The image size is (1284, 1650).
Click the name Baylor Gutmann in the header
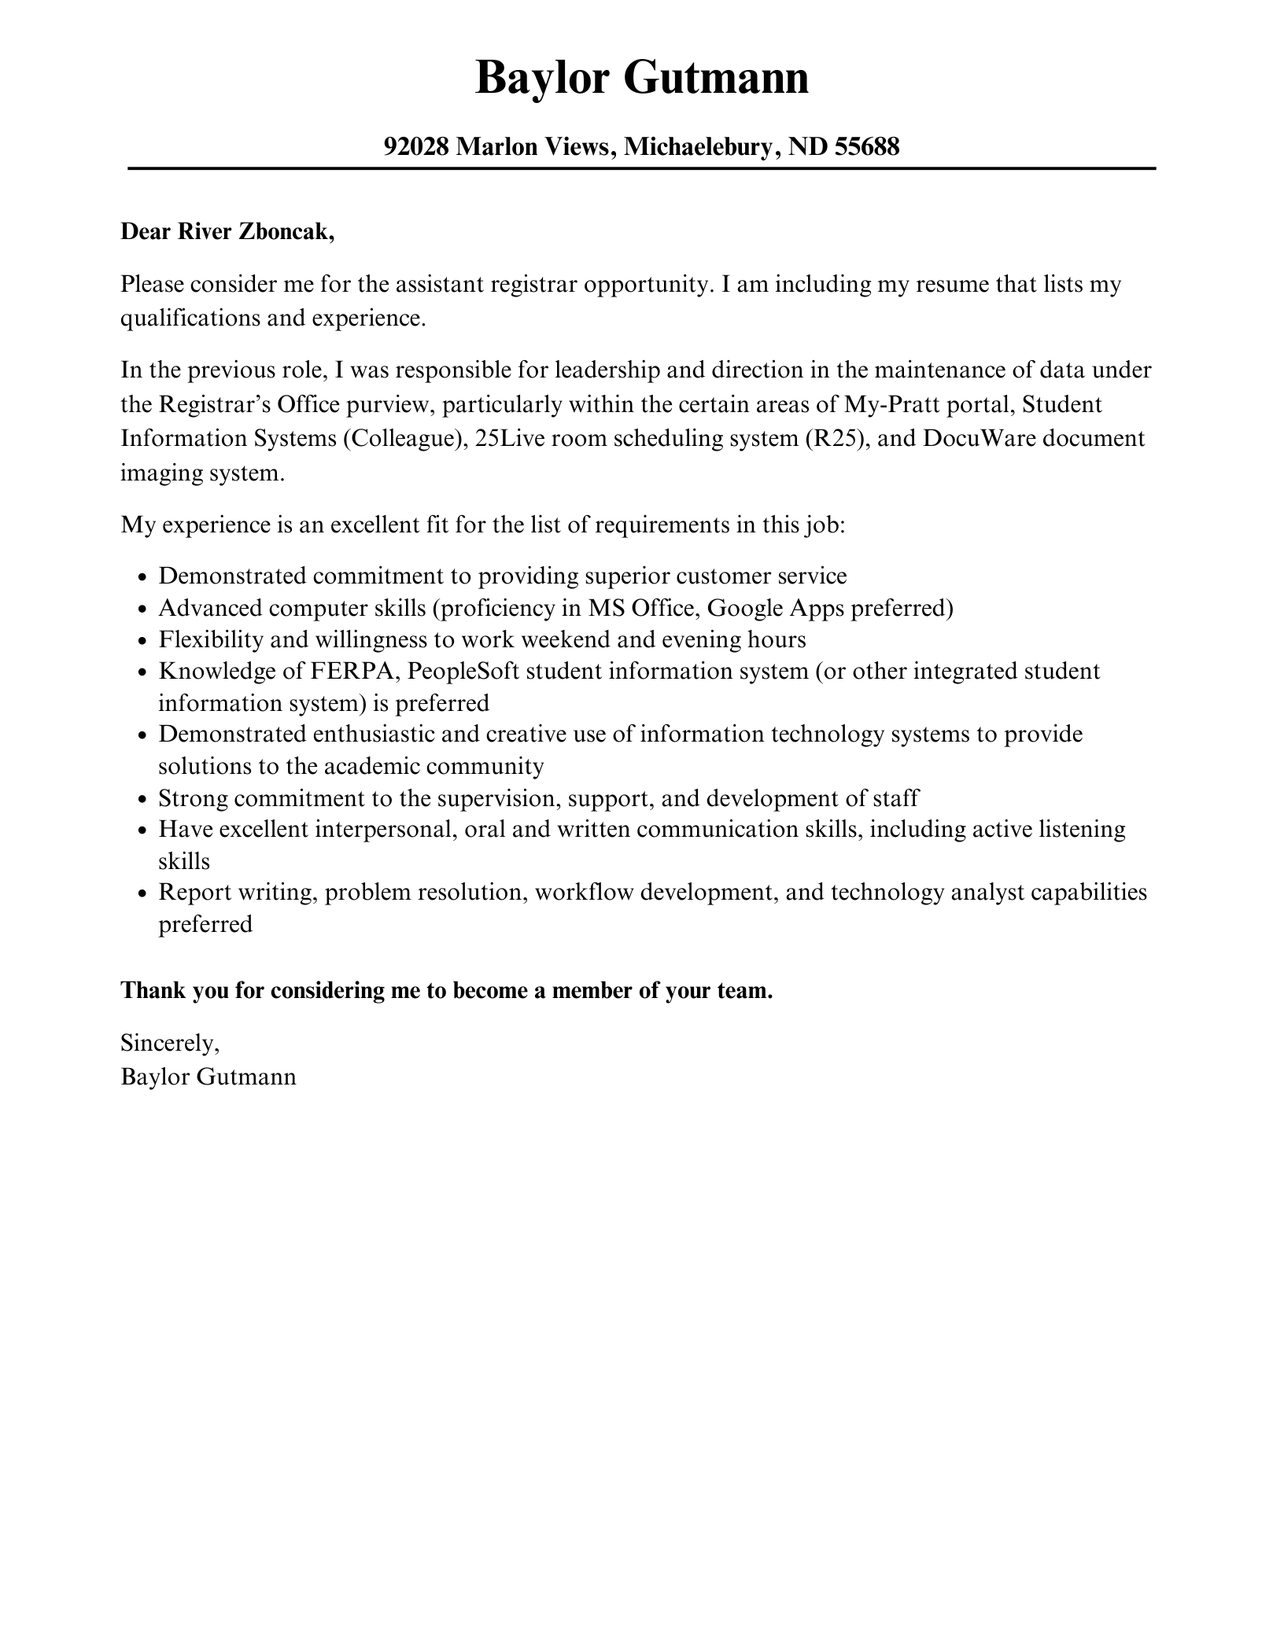pyautogui.click(x=641, y=79)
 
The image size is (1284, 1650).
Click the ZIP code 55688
pyautogui.click(x=867, y=146)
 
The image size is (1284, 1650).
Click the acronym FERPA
pyautogui.click(x=352, y=671)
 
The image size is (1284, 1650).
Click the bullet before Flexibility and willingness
pyautogui.click(x=142, y=641)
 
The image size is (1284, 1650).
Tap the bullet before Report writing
pyautogui.click(x=142, y=893)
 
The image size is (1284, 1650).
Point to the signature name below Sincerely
pyautogui.click(x=208, y=1076)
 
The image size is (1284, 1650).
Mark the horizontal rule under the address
pyautogui.click(x=641, y=168)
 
